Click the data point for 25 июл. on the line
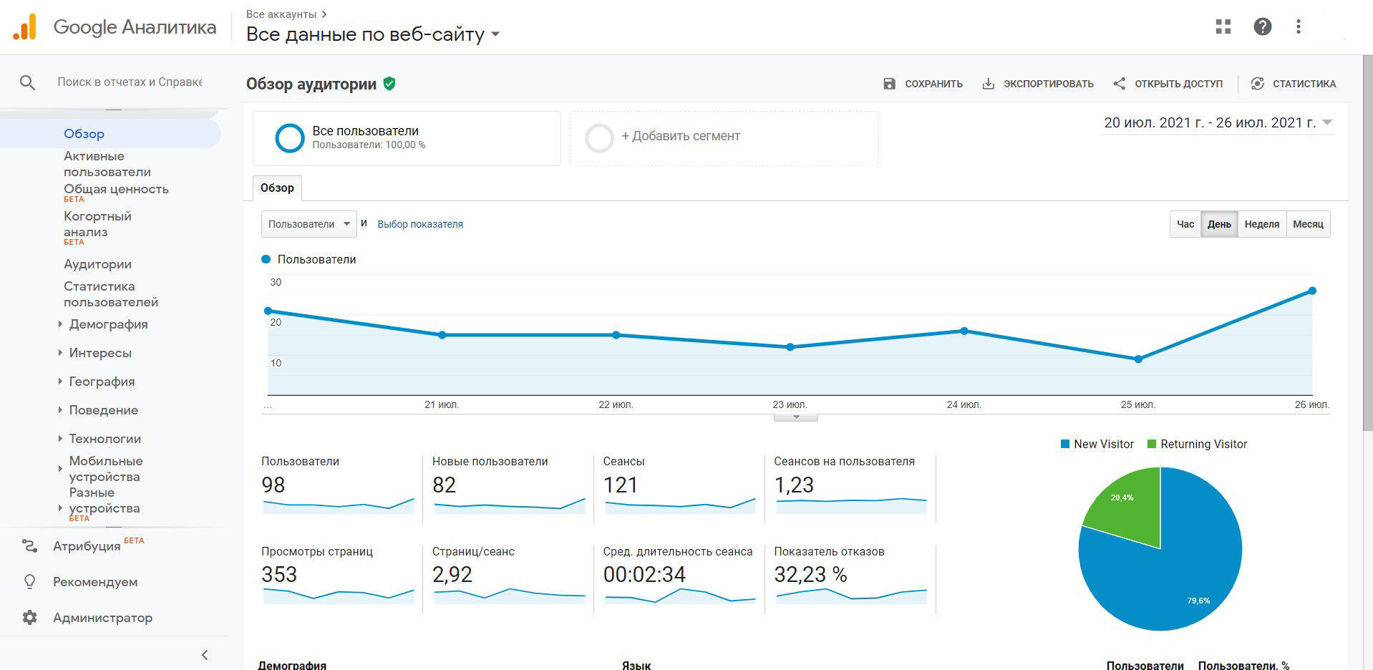(1138, 359)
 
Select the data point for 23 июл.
(790, 347)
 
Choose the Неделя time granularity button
(1261, 224)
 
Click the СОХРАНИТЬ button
(923, 84)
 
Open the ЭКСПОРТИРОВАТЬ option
(1037, 84)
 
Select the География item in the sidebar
(102, 382)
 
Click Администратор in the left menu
(102, 618)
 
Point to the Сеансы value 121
(620, 485)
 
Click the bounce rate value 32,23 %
(810, 575)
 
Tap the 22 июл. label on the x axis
(616, 405)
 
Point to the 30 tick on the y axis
(276, 283)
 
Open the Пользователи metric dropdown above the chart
(309, 224)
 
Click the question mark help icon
(1262, 27)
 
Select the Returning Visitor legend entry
(1203, 445)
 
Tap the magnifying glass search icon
(27, 83)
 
